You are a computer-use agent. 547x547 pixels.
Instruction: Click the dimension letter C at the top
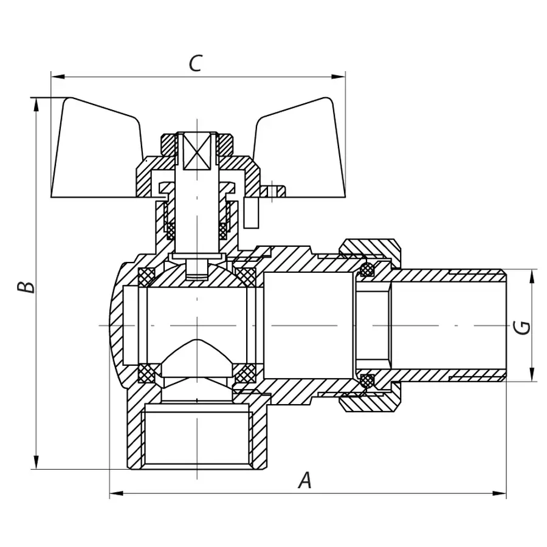tap(194, 63)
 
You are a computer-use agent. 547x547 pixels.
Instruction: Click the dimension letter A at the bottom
tap(305, 481)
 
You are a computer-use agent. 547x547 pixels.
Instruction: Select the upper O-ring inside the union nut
tap(366, 269)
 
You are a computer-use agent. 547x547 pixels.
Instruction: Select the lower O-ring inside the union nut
tap(366, 381)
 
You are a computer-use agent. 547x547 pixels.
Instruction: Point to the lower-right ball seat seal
tap(245, 374)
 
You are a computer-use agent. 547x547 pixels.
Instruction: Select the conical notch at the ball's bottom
tap(198, 359)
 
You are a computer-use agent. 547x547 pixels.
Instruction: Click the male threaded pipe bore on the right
tap(447, 326)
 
